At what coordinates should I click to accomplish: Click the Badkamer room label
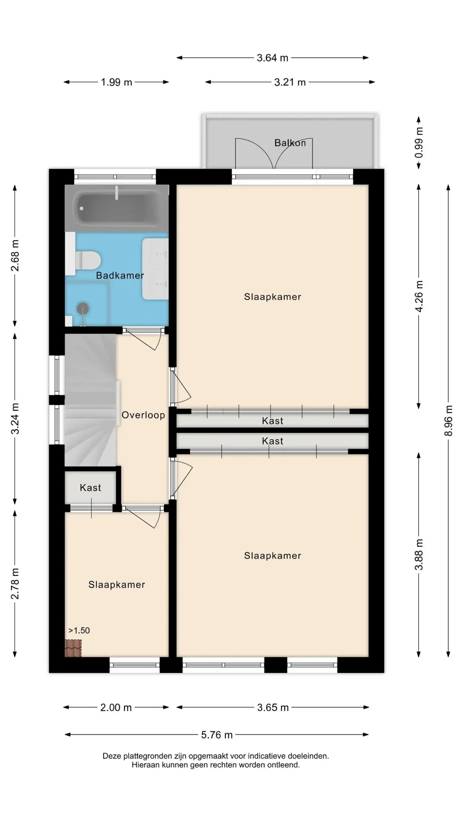120,275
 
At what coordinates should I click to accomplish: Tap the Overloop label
143,415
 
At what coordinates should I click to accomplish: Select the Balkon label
290,143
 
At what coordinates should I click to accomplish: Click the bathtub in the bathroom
117,208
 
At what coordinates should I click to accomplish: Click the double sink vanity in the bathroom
155,269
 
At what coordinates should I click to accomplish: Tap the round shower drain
83,308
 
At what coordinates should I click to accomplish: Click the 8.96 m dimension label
448,421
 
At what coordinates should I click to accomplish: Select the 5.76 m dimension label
217,735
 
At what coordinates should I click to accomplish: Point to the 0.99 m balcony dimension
419,142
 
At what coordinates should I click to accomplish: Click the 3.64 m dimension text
272,58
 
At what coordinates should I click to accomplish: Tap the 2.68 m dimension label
15,255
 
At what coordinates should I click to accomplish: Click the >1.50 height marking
79,630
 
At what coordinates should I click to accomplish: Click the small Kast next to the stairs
90,487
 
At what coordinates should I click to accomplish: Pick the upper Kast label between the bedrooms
272,421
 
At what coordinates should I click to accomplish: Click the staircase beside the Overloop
90,400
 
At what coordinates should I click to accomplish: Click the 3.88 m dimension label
419,555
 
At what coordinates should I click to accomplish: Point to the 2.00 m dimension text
116,707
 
